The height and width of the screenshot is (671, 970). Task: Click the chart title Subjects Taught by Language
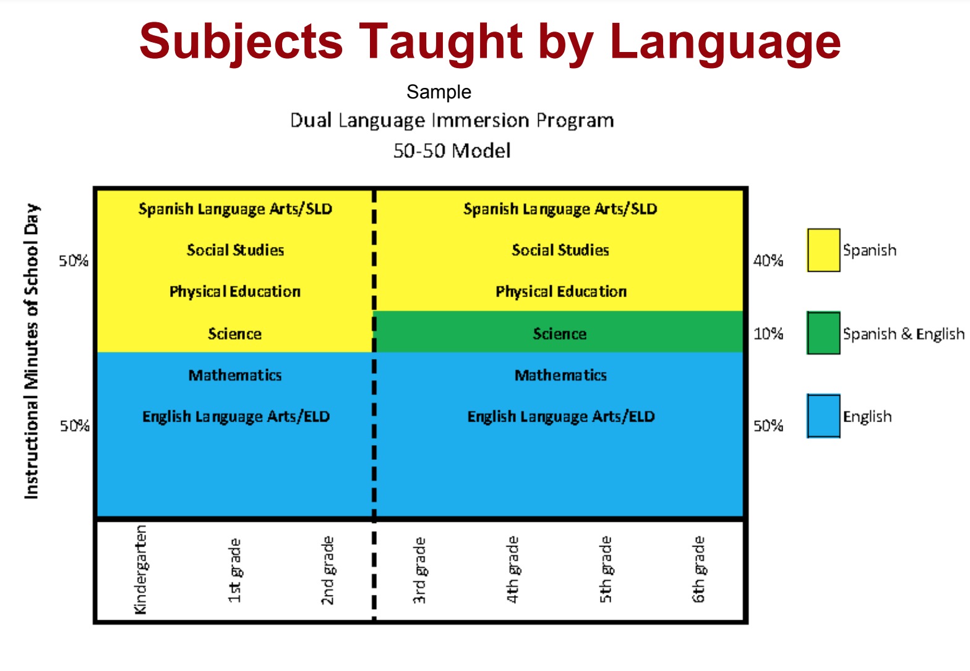click(x=490, y=42)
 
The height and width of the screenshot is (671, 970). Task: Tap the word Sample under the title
click(x=439, y=92)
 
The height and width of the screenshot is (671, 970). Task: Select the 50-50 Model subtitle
click(x=452, y=151)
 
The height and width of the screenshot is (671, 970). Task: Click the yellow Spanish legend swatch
click(x=823, y=250)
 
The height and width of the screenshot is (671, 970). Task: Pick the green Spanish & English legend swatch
click(x=823, y=333)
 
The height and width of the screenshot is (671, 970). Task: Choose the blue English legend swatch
click(x=823, y=416)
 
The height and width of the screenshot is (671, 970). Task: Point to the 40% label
click(x=768, y=261)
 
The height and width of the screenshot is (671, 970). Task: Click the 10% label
click(x=768, y=334)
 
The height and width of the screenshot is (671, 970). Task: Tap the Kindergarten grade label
click(x=141, y=569)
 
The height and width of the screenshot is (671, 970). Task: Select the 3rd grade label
click(x=419, y=570)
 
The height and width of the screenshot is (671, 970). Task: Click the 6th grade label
click(x=698, y=569)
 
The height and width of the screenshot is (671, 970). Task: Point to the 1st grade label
click(x=234, y=570)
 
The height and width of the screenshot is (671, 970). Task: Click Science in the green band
click(x=559, y=334)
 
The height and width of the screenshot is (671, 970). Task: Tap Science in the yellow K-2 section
click(x=234, y=334)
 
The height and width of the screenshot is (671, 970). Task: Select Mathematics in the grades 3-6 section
click(x=560, y=375)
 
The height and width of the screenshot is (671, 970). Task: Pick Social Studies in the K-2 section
click(x=235, y=250)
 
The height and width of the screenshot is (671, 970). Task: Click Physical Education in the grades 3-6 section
click(x=561, y=292)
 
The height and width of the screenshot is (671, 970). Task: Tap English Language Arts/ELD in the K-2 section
click(x=236, y=417)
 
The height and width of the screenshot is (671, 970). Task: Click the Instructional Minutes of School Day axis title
click(x=32, y=351)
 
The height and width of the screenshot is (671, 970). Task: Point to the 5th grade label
click(x=606, y=569)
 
